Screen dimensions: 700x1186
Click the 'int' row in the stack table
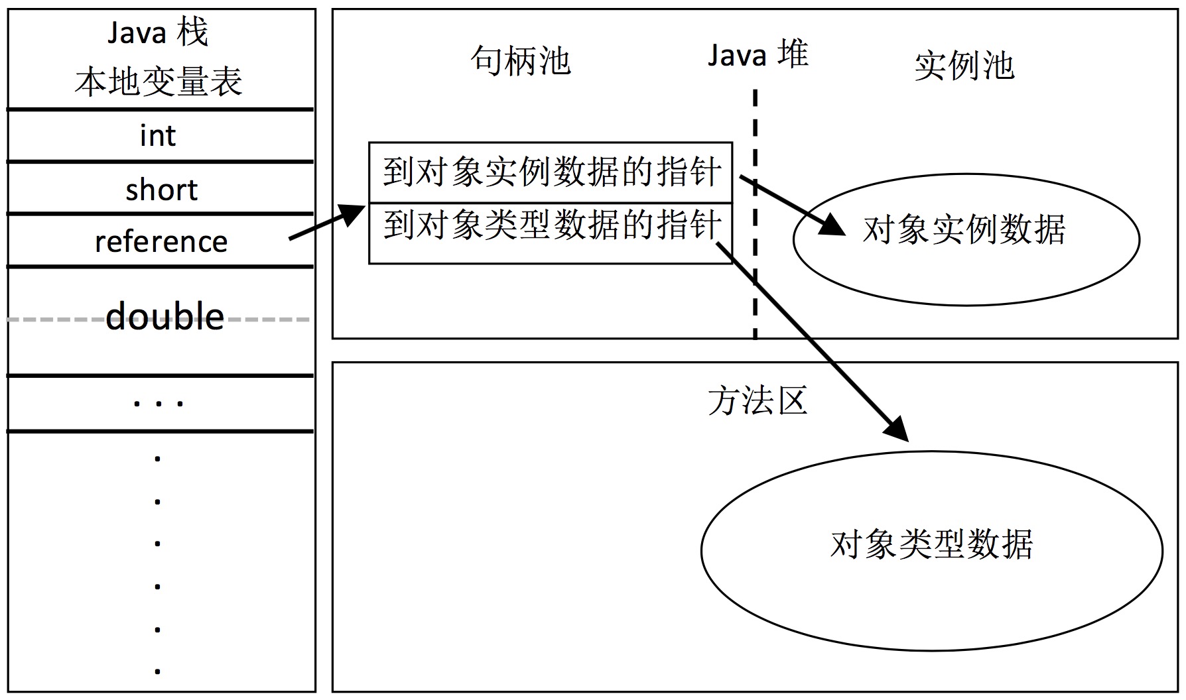[158, 136]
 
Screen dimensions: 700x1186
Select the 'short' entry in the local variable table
[161, 190]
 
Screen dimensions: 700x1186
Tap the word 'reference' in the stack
[161, 242]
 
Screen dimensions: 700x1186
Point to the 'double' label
[165, 317]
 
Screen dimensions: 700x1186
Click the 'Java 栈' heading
[158, 32]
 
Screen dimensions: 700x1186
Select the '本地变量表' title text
[158, 82]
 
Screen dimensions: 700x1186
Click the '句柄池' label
[521, 61]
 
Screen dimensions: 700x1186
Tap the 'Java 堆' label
[758, 55]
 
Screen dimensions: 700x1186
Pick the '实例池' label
[964, 66]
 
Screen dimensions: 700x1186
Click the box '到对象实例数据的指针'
[551, 172]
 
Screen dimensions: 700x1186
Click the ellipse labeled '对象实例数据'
[965, 239]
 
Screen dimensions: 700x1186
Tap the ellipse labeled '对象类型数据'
[931, 550]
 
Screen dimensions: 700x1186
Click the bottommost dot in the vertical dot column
[158, 671]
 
